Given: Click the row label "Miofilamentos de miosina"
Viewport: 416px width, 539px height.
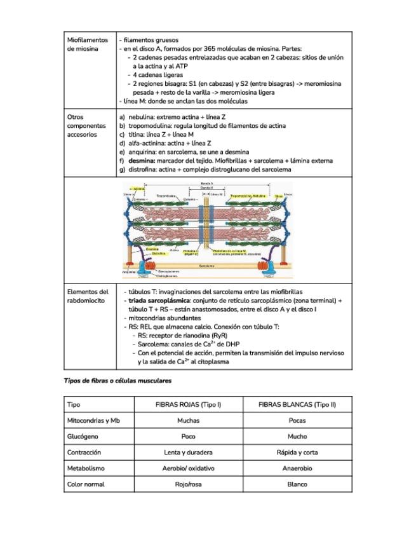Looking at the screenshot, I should (88, 44).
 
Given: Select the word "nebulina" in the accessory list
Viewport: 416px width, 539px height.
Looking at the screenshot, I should (141, 118).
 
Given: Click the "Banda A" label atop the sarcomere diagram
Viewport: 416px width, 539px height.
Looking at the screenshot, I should (206, 183).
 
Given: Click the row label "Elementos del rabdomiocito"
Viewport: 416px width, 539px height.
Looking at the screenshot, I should (88, 296).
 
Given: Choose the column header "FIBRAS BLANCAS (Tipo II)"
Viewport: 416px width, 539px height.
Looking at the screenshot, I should (297, 404).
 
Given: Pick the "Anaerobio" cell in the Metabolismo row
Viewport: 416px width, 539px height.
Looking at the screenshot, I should (297, 468).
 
